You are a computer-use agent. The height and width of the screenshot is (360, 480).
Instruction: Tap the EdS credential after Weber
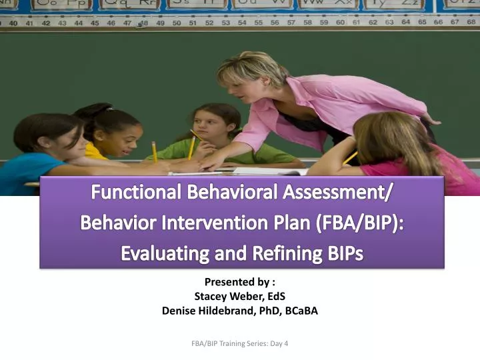point(275,296)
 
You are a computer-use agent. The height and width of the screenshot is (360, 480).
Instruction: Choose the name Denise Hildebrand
point(205,310)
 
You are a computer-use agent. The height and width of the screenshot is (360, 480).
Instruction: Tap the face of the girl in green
point(215,127)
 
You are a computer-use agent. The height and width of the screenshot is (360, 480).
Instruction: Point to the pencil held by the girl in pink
point(351,158)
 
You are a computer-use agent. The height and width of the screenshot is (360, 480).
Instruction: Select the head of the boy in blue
point(43,133)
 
